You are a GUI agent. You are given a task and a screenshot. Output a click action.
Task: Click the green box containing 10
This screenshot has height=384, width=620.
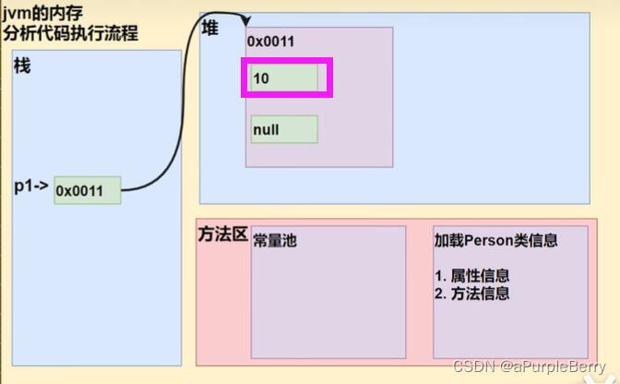pos(284,78)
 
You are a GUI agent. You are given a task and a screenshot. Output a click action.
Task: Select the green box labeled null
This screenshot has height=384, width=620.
pos(284,129)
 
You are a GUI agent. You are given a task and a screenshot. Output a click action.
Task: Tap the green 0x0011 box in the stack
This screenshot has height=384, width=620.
pos(87,190)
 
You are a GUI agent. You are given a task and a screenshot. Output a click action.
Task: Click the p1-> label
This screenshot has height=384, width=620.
pos(31,186)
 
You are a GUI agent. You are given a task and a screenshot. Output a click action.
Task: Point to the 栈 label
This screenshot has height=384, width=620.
pos(23,66)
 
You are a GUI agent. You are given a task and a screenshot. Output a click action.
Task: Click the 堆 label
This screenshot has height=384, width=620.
pos(210,29)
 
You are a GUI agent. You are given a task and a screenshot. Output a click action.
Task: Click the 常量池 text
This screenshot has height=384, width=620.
pos(276,240)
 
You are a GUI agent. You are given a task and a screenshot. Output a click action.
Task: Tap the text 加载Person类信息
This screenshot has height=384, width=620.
pos(496,240)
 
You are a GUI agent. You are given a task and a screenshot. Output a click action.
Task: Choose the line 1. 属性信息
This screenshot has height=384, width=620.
pos(471,275)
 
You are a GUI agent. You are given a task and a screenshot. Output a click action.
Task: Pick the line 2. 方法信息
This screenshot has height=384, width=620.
pos(471,294)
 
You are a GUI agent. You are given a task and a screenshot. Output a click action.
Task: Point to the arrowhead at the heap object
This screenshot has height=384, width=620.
pos(248,23)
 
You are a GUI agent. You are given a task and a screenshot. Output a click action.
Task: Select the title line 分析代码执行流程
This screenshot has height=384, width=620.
pos(70,33)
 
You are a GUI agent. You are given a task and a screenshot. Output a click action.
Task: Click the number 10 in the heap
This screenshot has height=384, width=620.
pos(261,78)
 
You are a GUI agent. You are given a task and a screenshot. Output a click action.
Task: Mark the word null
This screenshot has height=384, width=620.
pos(266,130)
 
